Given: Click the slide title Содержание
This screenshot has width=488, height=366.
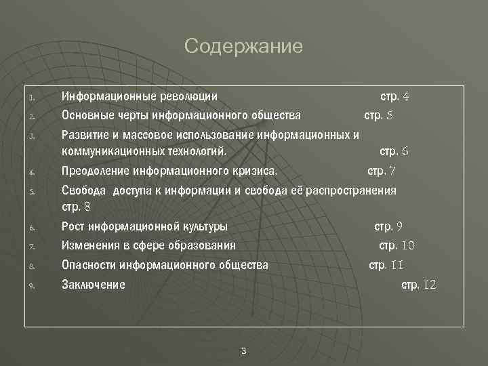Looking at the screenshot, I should pos(243,47).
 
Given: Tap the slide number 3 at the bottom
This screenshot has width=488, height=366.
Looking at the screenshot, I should pos(244,350).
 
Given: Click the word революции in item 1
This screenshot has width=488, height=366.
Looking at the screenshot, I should pos(188,96).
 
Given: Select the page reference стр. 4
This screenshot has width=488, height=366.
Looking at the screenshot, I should pos(394,96).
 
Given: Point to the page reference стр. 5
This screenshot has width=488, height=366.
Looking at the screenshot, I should pos(378,115).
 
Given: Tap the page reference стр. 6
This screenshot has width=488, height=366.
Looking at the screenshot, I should pos(394,151).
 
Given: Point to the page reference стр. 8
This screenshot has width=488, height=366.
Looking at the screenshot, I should pos(76,206).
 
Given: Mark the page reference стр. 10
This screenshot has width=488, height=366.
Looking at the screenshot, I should pos(396,245).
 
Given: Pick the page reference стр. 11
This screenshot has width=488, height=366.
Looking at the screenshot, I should pos(386,265).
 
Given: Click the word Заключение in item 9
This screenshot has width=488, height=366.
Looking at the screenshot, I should pos(94,285).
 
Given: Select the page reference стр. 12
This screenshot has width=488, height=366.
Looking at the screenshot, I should pos(419,285).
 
